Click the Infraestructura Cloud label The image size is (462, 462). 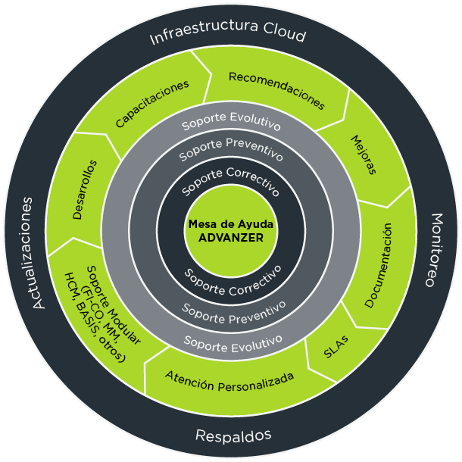tap(228, 36)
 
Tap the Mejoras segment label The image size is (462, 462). tap(364, 154)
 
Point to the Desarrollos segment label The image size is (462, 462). tap(84, 189)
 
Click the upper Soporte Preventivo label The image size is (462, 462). tap(231, 150)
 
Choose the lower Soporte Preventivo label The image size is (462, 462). tap(233, 311)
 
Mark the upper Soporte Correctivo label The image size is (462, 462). tap(230, 179)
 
